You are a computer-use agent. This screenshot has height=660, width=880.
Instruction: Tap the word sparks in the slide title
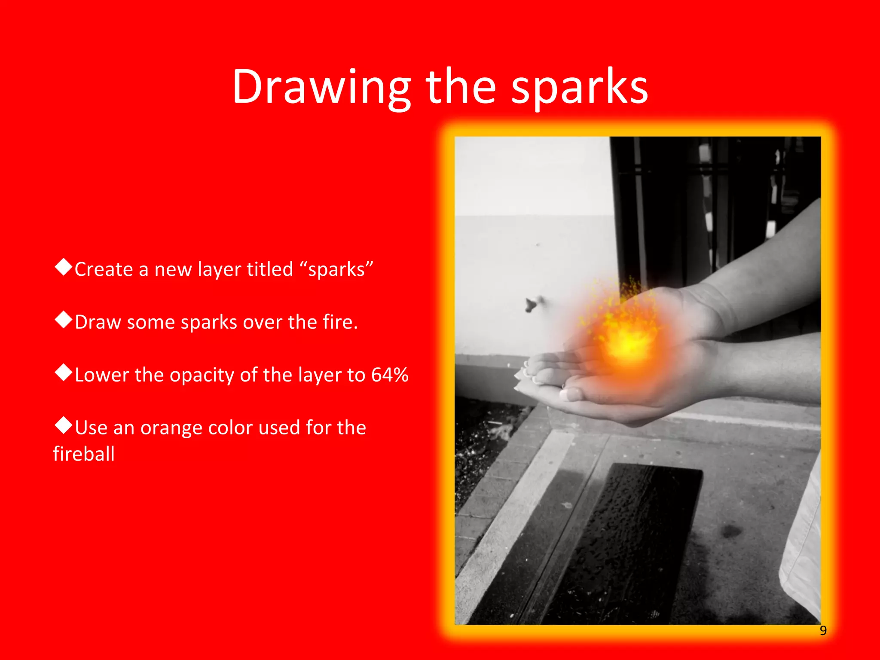click(x=579, y=88)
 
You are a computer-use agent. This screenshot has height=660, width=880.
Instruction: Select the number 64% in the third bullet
click(x=390, y=375)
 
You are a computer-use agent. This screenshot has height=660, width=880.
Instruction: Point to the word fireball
click(x=84, y=454)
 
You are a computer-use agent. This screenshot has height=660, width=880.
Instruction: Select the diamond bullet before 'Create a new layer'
click(x=64, y=267)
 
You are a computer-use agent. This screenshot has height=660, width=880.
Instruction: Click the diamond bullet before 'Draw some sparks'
click(x=64, y=320)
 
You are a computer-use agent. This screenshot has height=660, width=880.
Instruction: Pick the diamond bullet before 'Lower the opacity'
click(x=64, y=373)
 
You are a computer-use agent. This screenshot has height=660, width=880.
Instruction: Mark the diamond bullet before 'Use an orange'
click(x=64, y=425)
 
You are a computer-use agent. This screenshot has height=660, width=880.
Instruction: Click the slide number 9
click(x=823, y=630)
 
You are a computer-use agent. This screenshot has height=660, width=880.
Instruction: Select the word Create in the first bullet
click(x=104, y=269)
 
